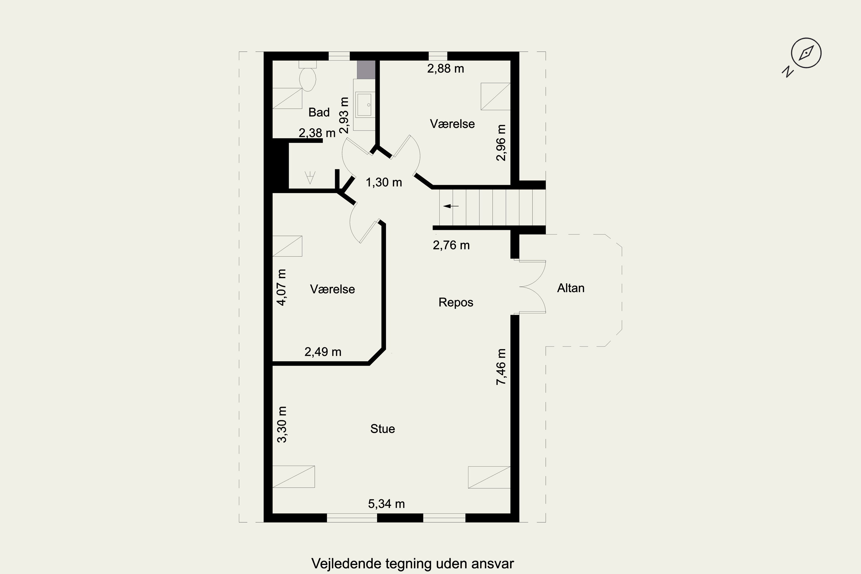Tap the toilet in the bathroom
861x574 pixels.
coord(307,76)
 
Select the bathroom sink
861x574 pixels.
coord(364,105)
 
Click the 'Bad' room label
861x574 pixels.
coord(319,113)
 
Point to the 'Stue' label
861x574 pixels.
coord(383,429)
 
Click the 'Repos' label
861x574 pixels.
coord(456,303)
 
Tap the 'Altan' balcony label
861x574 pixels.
coord(571,288)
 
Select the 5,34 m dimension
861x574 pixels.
coord(387,504)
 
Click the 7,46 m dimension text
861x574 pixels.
coord(501,366)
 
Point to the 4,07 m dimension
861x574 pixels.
coord(282,287)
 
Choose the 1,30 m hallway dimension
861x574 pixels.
coord(384,182)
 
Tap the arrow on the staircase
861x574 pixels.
coord(451,206)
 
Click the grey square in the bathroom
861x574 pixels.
coord(366,69)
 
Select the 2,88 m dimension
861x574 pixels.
coord(445,69)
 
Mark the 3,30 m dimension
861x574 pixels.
coord(282,425)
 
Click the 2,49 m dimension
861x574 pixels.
coord(323,352)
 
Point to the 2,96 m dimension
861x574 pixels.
coord(501,143)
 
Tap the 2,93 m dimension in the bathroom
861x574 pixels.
coord(344,115)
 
